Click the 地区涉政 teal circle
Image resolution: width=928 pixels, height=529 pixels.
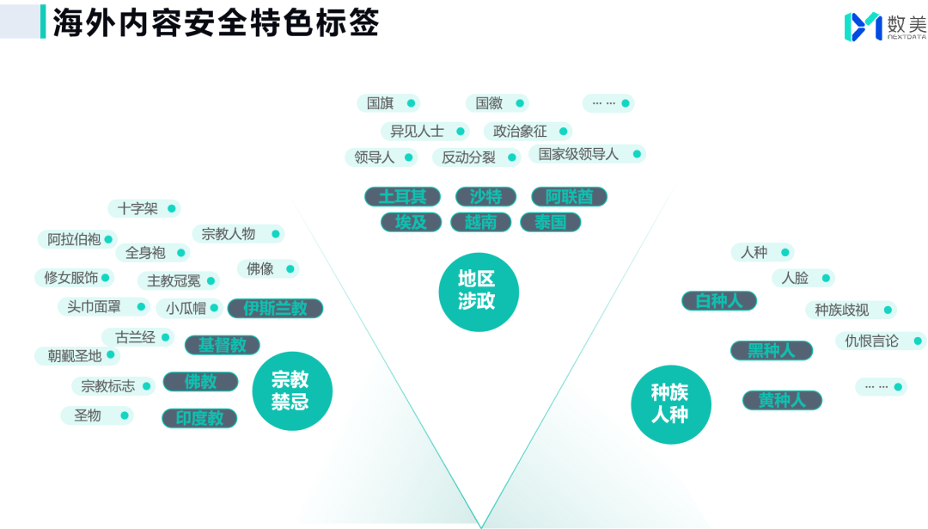[x=479, y=291]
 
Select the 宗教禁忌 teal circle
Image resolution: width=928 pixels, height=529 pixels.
[x=291, y=391]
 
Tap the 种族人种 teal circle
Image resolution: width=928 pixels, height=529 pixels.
[x=670, y=404]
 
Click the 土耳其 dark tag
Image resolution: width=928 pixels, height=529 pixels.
[x=402, y=197]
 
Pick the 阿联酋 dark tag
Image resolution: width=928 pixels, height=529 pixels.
[x=569, y=197]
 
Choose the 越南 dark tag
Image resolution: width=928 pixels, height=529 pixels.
[x=481, y=222]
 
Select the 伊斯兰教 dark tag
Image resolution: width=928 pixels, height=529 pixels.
[x=275, y=308]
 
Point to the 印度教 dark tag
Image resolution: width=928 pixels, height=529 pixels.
[x=199, y=418]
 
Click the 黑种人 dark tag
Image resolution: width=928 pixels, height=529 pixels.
[x=769, y=350]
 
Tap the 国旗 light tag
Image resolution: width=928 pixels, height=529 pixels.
[x=388, y=103]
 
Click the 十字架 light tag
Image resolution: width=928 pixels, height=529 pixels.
[x=143, y=208]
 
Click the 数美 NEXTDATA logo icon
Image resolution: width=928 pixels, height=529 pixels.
[x=862, y=27]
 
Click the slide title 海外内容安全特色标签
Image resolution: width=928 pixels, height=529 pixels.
[x=216, y=23]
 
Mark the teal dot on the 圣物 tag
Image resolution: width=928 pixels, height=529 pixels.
[x=124, y=415]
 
